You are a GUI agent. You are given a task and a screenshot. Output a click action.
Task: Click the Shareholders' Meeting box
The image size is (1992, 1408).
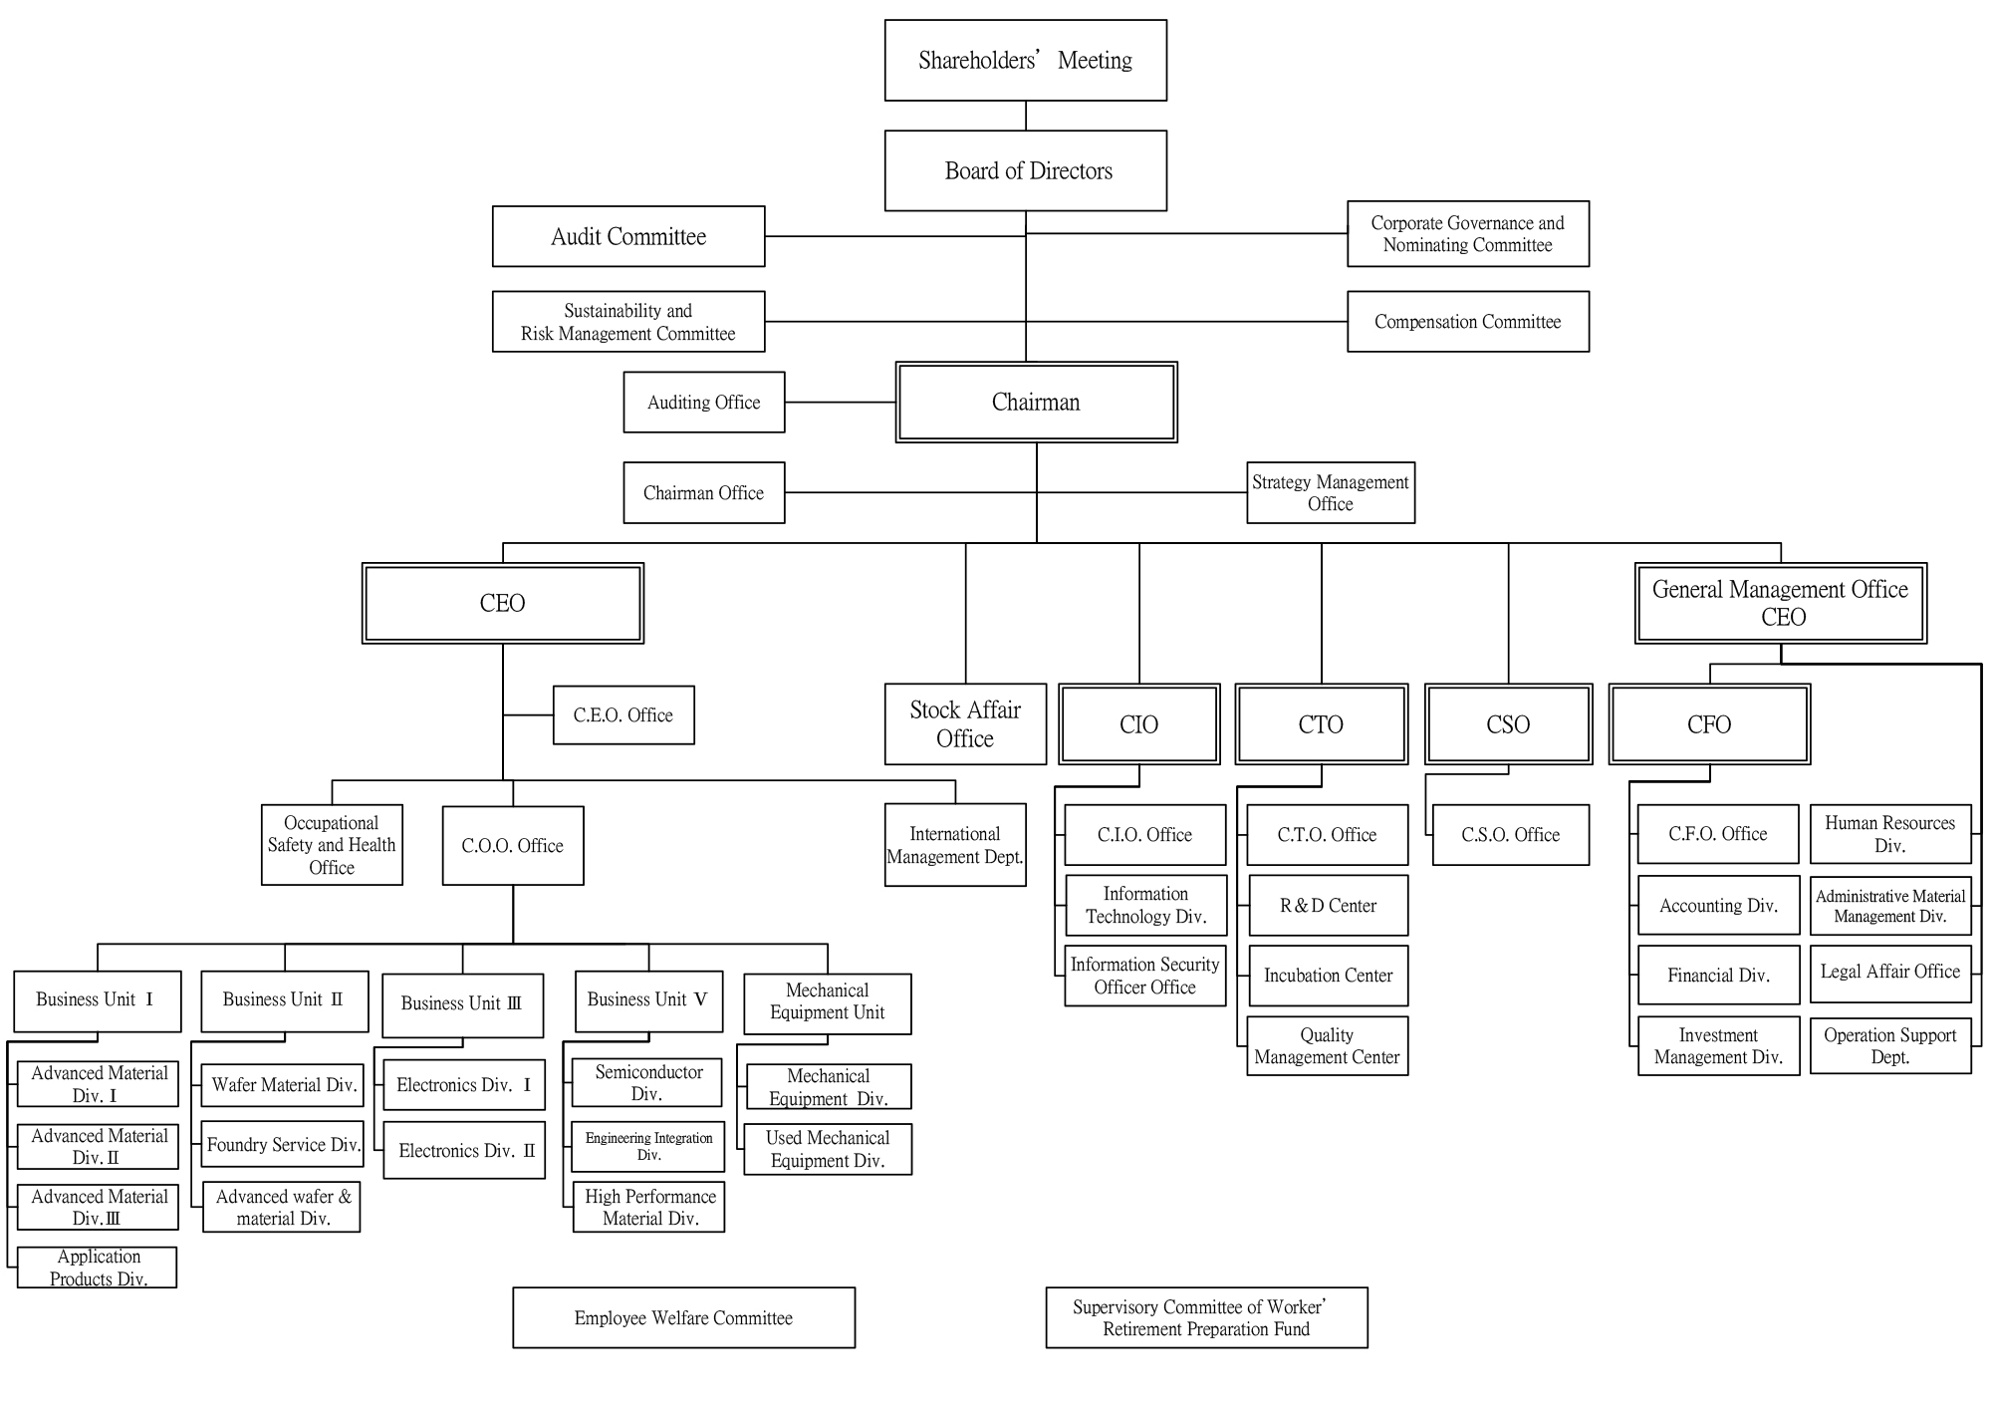coord(1025,61)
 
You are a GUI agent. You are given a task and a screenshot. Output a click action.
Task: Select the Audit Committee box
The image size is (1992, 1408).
coord(628,237)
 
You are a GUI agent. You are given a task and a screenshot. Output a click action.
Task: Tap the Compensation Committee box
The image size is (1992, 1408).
coord(1467,322)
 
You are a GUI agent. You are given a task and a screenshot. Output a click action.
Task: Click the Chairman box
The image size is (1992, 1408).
coord(1036,403)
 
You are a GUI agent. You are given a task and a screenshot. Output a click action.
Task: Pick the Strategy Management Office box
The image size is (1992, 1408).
coord(1330,493)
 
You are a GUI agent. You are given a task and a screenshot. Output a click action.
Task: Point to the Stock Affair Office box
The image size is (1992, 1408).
coord(965,724)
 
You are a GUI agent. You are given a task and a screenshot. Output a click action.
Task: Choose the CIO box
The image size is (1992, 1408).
coord(1138,724)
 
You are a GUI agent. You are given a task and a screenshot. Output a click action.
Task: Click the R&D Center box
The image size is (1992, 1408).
coord(1328,906)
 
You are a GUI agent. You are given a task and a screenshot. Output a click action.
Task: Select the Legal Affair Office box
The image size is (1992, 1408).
coord(1889,973)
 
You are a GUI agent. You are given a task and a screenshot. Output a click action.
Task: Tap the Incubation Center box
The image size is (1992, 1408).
coord(1328,976)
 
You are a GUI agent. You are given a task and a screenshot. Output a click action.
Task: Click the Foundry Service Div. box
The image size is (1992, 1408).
coord(283,1145)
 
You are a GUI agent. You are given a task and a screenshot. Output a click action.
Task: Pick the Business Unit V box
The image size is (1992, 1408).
coord(647,1000)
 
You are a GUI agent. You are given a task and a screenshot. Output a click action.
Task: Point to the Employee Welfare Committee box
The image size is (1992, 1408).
coord(683,1318)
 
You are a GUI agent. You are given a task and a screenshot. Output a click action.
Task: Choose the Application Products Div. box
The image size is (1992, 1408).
coord(98,1267)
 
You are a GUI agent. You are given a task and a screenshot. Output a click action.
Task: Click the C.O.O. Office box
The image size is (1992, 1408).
coord(512,846)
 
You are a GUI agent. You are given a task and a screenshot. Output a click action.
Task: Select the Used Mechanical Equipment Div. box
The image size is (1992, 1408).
coord(827,1149)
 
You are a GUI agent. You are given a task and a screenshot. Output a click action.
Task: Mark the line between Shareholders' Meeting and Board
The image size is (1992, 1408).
coord(1026,116)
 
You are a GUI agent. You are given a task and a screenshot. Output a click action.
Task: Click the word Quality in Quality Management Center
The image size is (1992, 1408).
coord(1327,1035)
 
